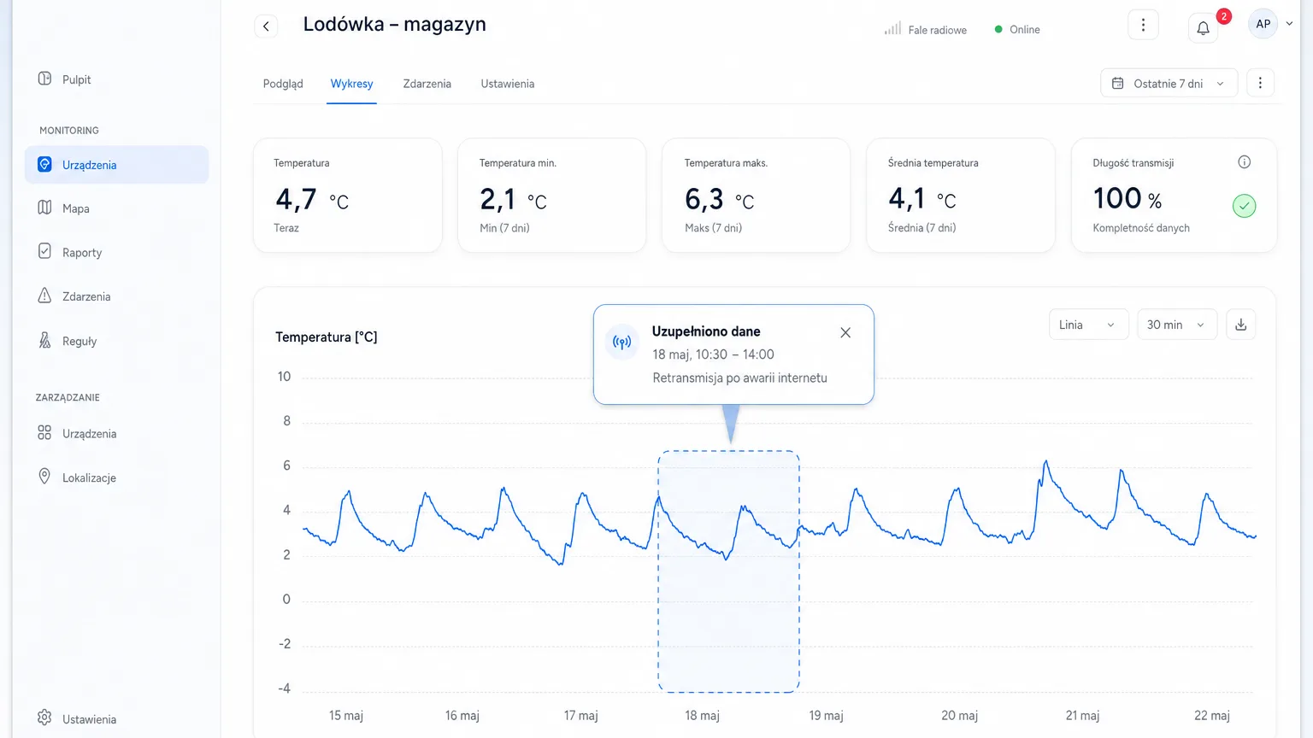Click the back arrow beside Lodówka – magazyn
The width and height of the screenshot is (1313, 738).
(266, 26)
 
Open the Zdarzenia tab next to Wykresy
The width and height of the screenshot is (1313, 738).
(427, 84)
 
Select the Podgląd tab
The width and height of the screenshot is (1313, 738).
(283, 84)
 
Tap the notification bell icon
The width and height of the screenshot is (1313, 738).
(1203, 27)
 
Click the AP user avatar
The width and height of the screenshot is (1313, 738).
(1263, 24)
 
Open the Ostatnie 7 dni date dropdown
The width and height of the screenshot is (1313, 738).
(1169, 83)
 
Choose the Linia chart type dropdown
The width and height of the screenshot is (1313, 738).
(1088, 325)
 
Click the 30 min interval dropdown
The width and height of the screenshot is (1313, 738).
(1177, 325)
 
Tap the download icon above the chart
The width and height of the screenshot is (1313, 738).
(1241, 325)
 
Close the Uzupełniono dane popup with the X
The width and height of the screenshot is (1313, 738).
(845, 332)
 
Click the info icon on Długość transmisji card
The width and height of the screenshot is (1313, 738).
(1244, 162)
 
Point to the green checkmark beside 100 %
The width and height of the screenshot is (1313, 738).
(1244, 206)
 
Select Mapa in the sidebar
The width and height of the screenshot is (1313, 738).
(75, 208)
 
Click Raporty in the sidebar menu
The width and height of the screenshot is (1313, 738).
(81, 253)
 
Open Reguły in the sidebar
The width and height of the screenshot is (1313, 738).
(79, 341)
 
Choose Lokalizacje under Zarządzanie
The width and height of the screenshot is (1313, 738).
(89, 478)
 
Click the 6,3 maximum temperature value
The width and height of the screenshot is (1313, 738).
(704, 199)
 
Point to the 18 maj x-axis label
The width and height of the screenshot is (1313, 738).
(702, 715)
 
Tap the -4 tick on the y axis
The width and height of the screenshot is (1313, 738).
(285, 688)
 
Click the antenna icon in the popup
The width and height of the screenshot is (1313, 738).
(622, 342)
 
